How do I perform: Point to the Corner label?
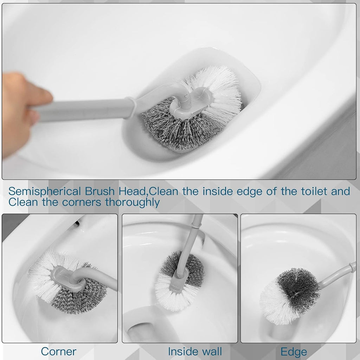click(58, 351)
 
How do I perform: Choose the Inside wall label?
click(195, 351)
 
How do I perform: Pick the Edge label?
click(294, 351)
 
